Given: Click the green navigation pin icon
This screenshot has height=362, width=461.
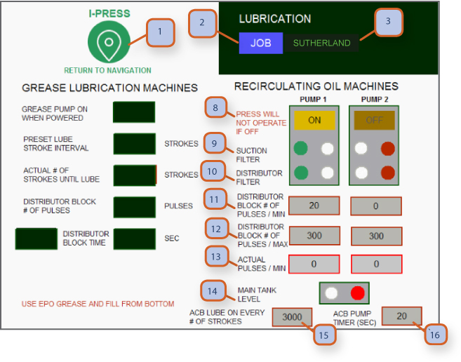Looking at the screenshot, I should click(108, 43).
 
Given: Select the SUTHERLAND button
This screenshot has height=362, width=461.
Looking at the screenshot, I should click(321, 43).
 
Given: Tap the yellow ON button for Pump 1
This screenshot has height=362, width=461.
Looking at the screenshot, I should click(314, 120).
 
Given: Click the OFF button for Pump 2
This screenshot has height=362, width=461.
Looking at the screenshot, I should click(374, 120).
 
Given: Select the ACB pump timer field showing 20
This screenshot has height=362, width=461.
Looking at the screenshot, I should click(401, 316).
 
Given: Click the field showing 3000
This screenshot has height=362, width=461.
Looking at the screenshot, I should click(292, 317).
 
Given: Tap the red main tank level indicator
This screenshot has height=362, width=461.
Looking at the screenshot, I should click(358, 292).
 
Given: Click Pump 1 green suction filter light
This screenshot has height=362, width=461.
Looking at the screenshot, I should click(301, 149).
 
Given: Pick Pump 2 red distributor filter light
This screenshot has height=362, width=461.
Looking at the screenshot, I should click(387, 173).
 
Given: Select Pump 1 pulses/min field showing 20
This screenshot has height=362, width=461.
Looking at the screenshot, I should click(314, 206).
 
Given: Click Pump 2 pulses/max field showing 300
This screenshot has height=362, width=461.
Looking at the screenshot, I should click(375, 236).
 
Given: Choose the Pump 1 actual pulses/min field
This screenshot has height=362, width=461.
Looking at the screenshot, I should click(314, 264).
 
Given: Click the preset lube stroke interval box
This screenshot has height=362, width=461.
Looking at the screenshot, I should click(134, 144).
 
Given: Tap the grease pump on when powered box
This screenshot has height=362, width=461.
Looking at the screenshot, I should click(134, 112).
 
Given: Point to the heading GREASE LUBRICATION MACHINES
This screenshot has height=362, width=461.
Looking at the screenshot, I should click(110, 88).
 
